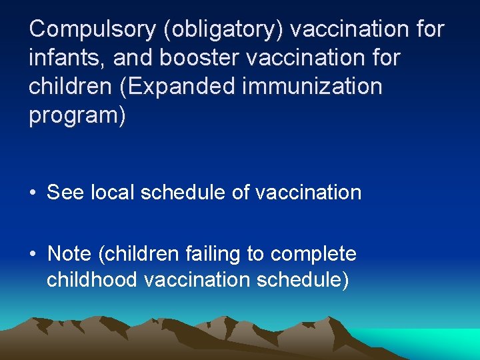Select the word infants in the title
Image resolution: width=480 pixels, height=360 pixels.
pyautogui.click(x=65, y=58)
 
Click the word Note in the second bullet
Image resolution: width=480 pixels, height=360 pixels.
pyautogui.click(x=69, y=254)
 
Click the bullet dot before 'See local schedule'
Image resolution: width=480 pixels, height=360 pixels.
pyautogui.click(x=33, y=193)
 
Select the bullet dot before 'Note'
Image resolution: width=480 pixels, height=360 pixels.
pyautogui.click(x=33, y=255)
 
